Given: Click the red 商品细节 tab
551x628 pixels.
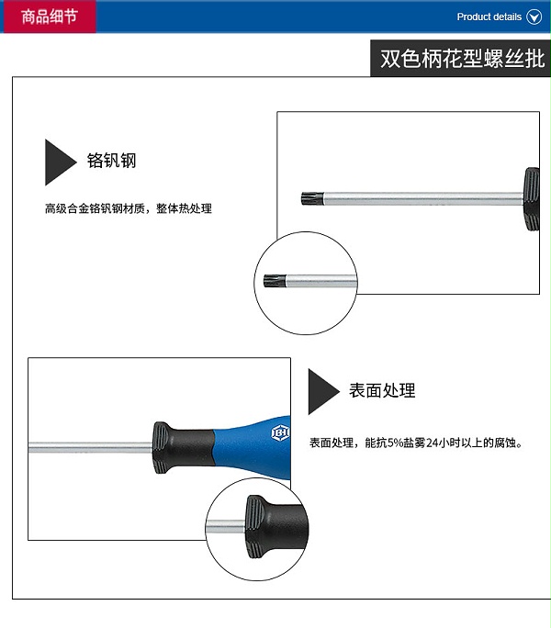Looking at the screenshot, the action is click(50, 17).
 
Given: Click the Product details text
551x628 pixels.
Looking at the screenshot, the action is click(489, 17).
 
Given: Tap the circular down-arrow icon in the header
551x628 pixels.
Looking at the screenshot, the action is click(534, 17).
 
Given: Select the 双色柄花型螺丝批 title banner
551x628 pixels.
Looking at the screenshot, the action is click(461, 59).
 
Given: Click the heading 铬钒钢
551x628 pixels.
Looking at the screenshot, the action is click(112, 161).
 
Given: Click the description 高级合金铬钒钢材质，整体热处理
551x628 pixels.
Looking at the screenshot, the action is click(129, 208).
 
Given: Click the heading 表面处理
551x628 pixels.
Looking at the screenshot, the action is click(382, 390).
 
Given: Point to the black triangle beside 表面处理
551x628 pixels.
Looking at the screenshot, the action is click(321, 391).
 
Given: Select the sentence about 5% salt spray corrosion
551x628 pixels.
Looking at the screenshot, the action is click(416, 443).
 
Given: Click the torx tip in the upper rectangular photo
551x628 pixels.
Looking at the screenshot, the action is click(312, 198).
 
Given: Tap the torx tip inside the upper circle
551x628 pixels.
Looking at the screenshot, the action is click(275, 281).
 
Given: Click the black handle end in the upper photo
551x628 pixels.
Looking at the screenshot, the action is click(532, 198).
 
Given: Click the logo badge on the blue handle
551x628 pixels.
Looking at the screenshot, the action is click(280, 433).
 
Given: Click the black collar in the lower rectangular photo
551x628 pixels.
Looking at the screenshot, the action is click(183, 447).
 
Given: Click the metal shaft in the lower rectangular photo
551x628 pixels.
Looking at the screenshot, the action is click(90, 447).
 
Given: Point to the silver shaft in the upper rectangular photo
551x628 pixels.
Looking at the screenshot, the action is click(423, 198).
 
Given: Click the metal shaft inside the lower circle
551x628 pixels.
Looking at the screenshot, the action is click(226, 526).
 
